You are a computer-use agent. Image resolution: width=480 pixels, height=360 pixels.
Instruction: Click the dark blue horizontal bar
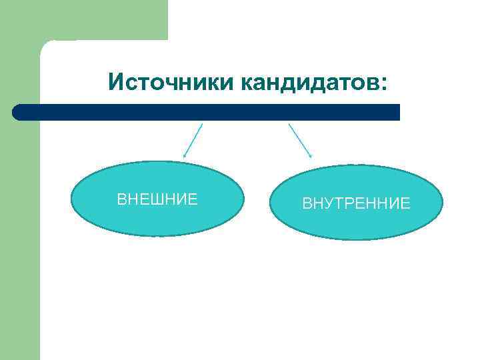click(x=207, y=112)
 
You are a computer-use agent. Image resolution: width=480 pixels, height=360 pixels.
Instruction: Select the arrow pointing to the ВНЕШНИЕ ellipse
click(x=193, y=141)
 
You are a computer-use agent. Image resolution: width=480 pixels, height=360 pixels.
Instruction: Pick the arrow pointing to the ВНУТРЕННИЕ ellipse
click(x=300, y=141)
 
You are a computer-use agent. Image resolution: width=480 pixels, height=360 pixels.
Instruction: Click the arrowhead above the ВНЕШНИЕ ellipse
click(x=185, y=156)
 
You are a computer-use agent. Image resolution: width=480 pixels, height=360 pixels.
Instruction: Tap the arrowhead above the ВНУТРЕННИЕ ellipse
click(x=310, y=156)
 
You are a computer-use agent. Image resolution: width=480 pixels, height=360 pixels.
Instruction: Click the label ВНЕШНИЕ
click(x=157, y=199)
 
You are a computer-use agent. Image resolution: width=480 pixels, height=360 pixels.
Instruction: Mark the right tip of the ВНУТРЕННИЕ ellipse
click(x=441, y=202)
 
